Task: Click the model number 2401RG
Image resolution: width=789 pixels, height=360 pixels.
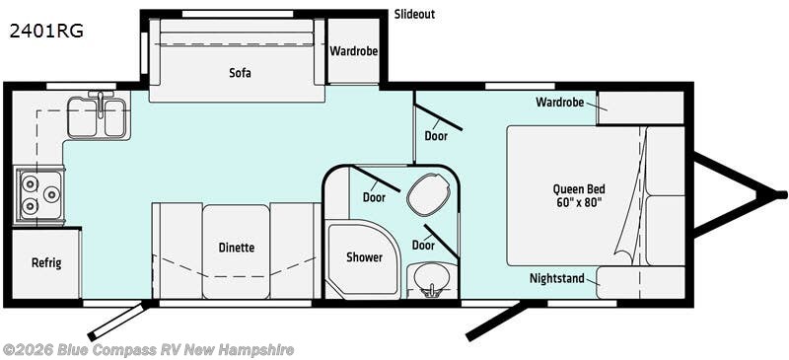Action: (x=46, y=31)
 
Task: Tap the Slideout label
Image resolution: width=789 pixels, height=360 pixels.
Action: (x=414, y=15)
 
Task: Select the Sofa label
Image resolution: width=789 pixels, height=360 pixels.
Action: (x=240, y=72)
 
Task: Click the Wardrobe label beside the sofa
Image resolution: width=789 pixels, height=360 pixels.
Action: (x=353, y=51)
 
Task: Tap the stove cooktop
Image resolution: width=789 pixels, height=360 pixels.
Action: (x=38, y=194)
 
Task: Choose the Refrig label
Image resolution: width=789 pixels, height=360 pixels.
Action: (x=45, y=262)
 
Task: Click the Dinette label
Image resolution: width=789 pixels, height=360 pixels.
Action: (x=237, y=249)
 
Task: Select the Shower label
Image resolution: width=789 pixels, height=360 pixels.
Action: (x=364, y=257)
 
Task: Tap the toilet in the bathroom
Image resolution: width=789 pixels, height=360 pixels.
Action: (x=426, y=194)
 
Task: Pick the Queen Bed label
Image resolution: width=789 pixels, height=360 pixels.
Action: (x=579, y=189)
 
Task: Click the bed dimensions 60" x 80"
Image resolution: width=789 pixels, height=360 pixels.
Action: (x=579, y=203)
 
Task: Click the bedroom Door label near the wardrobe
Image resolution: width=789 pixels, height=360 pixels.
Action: (x=436, y=135)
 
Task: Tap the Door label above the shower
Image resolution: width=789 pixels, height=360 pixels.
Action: (x=373, y=196)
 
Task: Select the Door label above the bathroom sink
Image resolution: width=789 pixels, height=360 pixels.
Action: (x=423, y=245)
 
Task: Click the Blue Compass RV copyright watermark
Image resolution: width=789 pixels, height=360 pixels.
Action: (x=148, y=349)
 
